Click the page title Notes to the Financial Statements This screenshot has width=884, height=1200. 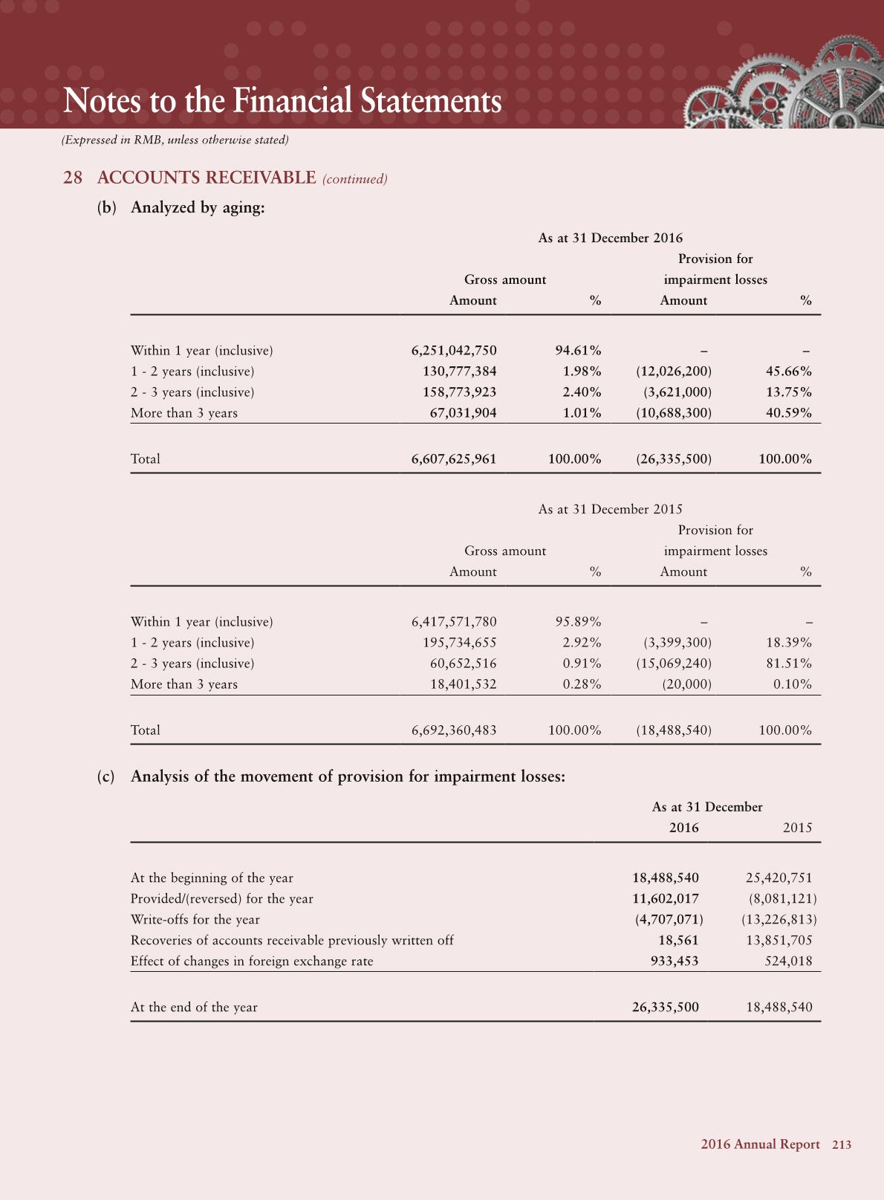(x=282, y=101)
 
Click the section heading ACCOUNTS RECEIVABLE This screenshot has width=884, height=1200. (x=207, y=178)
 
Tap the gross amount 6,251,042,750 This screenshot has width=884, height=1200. (x=454, y=350)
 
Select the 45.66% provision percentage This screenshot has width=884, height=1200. (x=788, y=371)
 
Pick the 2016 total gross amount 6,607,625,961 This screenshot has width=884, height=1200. (x=454, y=458)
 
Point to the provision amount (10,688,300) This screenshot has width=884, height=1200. (x=674, y=412)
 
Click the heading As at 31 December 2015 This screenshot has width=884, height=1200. (x=610, y=509)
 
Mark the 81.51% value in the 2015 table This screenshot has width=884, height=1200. (x=788, y=663)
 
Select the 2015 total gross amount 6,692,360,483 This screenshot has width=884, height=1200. (x=454, y=730)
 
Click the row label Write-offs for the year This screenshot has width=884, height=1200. (x=195, y=919)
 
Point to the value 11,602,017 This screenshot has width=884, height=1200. (x=665, y=898)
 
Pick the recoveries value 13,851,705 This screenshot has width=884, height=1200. (x=779, y=940)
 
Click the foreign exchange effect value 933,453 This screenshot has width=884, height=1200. (x=675, y=961)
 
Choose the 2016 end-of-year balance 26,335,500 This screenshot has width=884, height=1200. (x=665, y=1007)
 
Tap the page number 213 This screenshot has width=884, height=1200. (x=842, y=1144)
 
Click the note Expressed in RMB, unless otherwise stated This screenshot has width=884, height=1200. (x=175, y=140)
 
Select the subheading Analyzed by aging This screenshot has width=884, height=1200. (x=198, y=207)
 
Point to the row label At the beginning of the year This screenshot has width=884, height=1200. (x=212, y=878)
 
